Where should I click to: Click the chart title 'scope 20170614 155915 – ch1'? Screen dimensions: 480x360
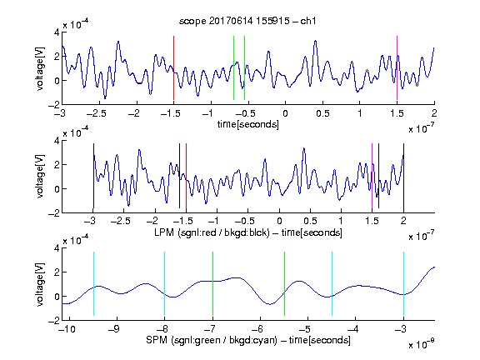(x=247, y=21)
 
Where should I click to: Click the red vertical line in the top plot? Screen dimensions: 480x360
(x=173, y=68)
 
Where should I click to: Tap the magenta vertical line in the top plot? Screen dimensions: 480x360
(x=397, y=68)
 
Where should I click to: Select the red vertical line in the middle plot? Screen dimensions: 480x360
(x=186, y=176)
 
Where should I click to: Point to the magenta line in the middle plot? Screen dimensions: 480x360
(x=372, y=176)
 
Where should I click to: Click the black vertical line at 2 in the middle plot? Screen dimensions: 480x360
(x=403, y=176)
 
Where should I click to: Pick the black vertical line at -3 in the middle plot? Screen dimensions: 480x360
(x=93, y=176)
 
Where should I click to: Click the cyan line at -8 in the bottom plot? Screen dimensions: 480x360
(x=164, y=284)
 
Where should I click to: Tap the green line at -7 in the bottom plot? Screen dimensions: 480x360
(x=212, y=284)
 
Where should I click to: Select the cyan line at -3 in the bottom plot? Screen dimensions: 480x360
(x=403, y=284)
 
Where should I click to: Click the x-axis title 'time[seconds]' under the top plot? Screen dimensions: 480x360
(x=248, y=124)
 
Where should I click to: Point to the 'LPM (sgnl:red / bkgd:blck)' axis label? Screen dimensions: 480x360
(x=212, y=232)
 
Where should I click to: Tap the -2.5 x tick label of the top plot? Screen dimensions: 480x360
(x=96, y=113)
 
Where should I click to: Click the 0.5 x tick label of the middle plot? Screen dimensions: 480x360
(x=310, y=221)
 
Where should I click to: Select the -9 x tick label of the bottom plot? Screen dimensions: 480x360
(x=114, y=329)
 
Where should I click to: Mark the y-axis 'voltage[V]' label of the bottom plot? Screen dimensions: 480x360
(x=40, y=284)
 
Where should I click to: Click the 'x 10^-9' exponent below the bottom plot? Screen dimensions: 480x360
(x=422, y=343)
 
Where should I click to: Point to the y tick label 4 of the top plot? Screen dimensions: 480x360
(x=57, y=32)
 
